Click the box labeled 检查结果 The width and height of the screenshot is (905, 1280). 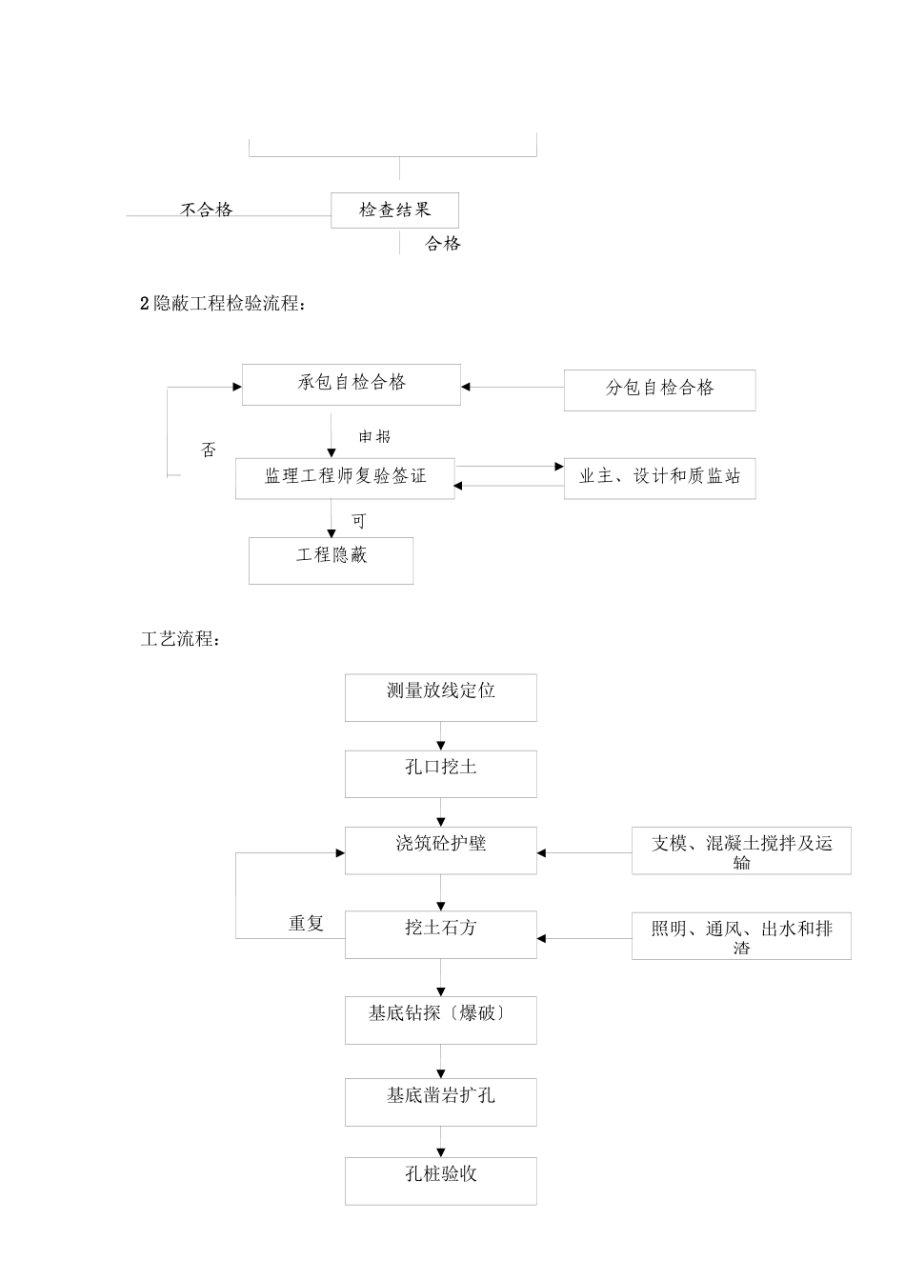pyautogui.click(x=394, y=210)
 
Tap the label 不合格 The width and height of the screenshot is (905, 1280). pyautogui.click(x=207, y=210)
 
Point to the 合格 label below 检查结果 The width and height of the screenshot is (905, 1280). pyautogui.click(x=443, y=244)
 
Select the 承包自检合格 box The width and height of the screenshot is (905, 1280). pyautogui.click(x=351, y=384)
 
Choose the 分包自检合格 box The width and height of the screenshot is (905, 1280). pyautogui.click(x=659, y=390)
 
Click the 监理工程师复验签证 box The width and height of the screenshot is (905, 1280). pyautogui.click(x=345, y=478)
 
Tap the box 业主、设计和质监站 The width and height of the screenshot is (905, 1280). pyautogui.click(x=659, y=478)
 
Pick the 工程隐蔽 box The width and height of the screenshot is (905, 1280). pyautogui.click(x=331, y=560)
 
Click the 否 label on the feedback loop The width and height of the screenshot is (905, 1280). pyautogui.click(x=209, y=450)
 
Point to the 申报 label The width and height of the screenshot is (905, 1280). pyautogui.click(x=374, y=436)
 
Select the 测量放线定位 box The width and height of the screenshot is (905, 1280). pyautogui.click(x=440, y=697)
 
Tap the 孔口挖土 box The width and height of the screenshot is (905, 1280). pyautogui.click(x=440, y=773)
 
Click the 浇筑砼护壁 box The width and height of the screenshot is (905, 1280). pyautogui.click(x=440, y=850)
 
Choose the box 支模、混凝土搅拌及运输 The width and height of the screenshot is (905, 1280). pyautogui.click(x=741, y=851)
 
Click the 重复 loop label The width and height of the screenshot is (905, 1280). pyautogui.click(x=307, y=923)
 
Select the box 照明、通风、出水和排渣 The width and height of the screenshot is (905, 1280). pyautogui.click(x=741, y=935)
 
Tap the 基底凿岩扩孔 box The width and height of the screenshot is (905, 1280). pyautogui.click(x=440, y=1101)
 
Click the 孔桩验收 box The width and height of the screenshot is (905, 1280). pyautogui.click(x=440, y=1180)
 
